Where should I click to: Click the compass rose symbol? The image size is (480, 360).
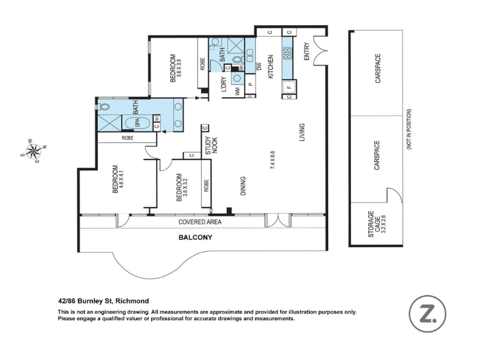pos(34,151)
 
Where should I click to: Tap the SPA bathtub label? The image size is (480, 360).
pos(137,123)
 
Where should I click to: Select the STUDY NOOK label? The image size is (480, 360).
pos(211,145)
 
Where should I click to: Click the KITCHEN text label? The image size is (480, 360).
pos(271,67)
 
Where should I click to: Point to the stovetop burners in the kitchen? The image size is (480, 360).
pos(287,53)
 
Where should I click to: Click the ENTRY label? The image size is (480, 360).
pos(307,52)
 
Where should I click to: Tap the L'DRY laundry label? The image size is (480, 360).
pos(224,84)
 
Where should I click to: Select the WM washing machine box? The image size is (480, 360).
pos(238,92)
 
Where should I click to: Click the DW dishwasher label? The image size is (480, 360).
pos(259,66)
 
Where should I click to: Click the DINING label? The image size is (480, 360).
pos(243,186)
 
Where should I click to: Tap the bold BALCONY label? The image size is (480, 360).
pos(196,238)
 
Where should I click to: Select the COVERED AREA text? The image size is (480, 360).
pos(200,222)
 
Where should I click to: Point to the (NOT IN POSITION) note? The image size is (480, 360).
pos(409,129)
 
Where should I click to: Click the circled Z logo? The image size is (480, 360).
pos(427,314)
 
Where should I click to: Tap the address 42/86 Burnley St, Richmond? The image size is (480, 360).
pos(103,301)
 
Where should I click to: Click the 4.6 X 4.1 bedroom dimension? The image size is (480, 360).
pos(122,179)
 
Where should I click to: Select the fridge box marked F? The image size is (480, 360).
pos(289,87)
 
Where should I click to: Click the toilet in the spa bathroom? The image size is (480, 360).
pos(103,107)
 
